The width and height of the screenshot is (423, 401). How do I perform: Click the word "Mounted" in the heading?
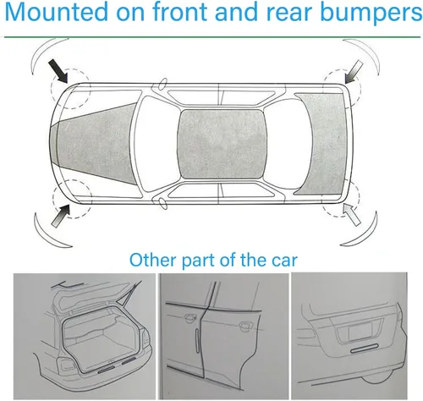point(56,12)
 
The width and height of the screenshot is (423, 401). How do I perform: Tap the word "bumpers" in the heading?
point(371,12)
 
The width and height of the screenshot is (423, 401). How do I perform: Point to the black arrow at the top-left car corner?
point(58,71)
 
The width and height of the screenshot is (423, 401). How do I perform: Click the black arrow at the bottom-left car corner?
point(61,216)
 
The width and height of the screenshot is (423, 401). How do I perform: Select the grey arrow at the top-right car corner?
point(354,72)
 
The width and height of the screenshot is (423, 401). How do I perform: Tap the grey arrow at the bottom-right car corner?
point(352,214)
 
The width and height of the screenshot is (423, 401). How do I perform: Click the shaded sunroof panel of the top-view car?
point(222,144)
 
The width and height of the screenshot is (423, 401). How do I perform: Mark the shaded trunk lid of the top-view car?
point(321,144)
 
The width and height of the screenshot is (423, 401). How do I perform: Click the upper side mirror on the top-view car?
point(162,84)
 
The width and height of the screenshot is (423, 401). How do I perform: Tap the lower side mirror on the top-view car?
point(162,204)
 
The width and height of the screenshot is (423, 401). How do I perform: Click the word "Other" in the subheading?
point(152,260)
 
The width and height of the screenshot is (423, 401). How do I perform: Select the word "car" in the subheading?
point(284,261)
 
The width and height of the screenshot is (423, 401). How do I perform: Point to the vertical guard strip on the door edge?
point(197,340)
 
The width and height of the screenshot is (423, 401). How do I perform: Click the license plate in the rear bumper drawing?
point(360,332)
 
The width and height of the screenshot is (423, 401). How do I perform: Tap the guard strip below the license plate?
point(365,349)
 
